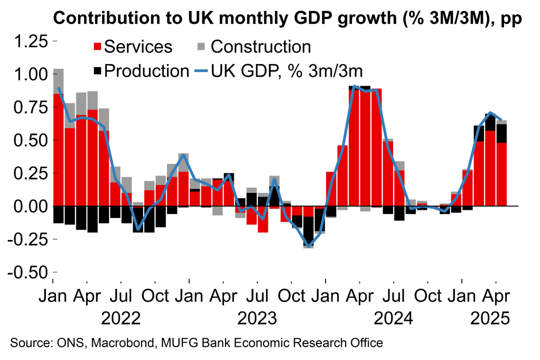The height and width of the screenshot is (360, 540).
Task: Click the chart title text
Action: (x=288, y=17)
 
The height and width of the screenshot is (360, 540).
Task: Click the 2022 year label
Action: (x=121, y=318)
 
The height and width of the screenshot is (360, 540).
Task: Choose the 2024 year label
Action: (x=393, y=318)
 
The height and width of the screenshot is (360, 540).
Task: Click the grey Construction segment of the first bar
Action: (x=59, y=81)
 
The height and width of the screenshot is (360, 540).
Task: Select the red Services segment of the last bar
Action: (x=501, y=174)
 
